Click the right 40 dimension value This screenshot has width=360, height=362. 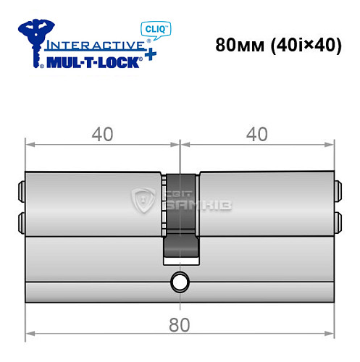pos(258,134)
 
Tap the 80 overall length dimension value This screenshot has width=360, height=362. pos(181,325)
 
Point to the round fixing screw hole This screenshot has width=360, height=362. pos(179,281)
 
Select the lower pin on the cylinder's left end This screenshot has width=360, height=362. pos(21,219)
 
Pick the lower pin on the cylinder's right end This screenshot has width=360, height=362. pos(337,219)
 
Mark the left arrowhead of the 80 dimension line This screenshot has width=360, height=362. pos(30,335)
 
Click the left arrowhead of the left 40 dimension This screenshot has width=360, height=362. pos(30,144)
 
